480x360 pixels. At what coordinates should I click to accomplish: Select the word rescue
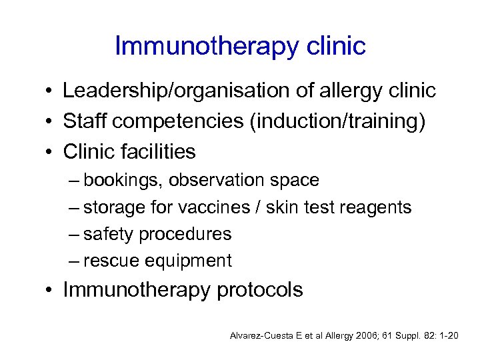(x=110, y=261)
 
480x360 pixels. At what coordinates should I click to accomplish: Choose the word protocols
(x=259, y=290)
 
